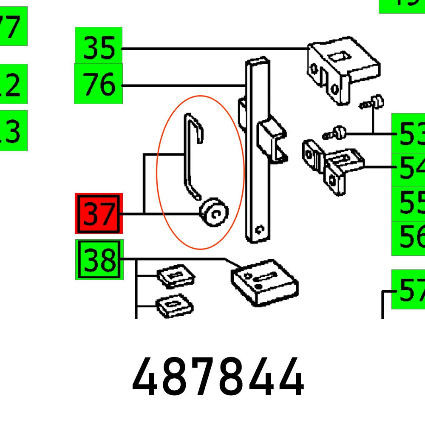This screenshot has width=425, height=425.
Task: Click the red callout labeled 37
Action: coord(99,213)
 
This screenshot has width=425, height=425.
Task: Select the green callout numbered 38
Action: coord(99,259)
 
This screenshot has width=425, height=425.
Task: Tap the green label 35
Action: coord(99,48)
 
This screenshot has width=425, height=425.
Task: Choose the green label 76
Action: coord(99,84)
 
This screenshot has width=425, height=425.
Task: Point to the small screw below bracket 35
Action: coord(374,102)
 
